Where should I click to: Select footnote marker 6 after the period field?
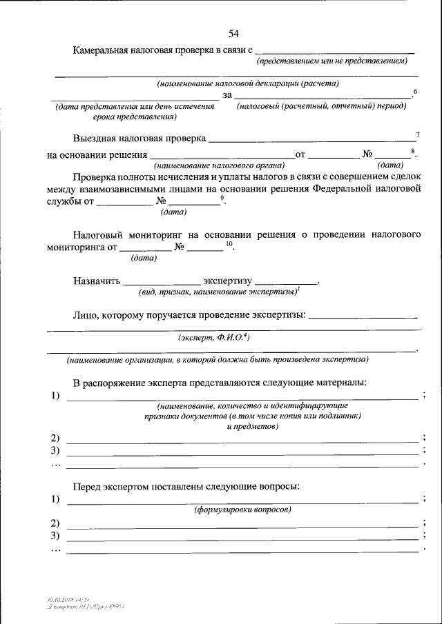pyautogui.click(x=414, y=92)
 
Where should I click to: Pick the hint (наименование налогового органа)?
pyautogui.click(x=219, y=165)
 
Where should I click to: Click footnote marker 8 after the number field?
pyautogui.click(x=412, y=151)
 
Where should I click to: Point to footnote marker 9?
pyautogui.click(x=222, y=199)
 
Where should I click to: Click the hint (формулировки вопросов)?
pyautogui.click(x=242, y=510)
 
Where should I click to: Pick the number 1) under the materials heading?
pyautogui.click(x=55, y=395)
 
